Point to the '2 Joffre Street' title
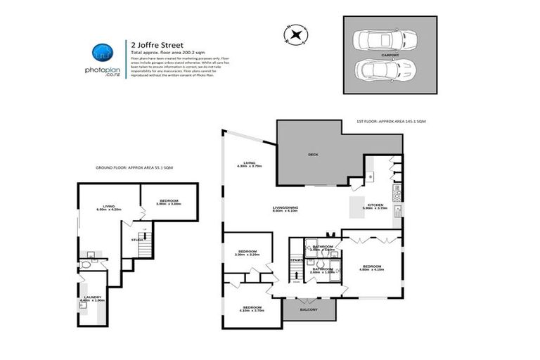tap(150, 42)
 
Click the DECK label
tap(314, 155)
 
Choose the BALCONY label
tap(309, 310)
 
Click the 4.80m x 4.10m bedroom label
tap(371, 268)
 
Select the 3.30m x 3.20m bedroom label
tap(247, 253)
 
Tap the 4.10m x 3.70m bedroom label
tap(252, 309)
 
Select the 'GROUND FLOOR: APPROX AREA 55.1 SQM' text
tap(134, 168)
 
